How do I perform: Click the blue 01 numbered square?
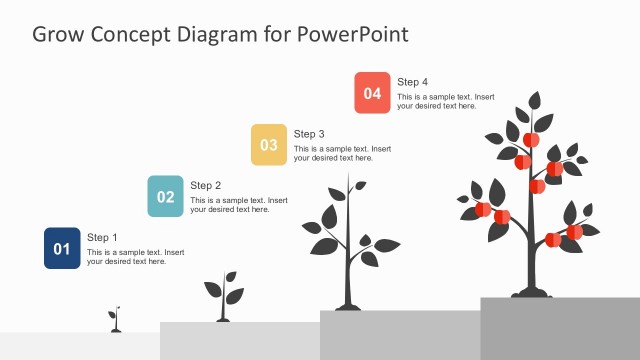[x=62, y=248]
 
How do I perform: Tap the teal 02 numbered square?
[x=166, y=196]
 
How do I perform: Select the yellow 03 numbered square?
[x=269, y=144]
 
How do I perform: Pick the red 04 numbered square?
[x=372, y=92]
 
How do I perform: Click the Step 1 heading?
[x=102, y=237]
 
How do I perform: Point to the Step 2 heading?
[x=206, y=185]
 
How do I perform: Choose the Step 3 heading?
[x=309, y=133]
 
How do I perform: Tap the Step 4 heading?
[x=412, y=81]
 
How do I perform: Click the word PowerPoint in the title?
[x=352, y=34]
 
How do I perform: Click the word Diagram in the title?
[x=218, y=34]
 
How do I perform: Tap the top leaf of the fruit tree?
[x=535, y=100]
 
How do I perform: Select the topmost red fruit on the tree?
[x=531, y=140]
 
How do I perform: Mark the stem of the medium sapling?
[x=347, y=260]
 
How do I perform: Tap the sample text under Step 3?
[x=342, y=153]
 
